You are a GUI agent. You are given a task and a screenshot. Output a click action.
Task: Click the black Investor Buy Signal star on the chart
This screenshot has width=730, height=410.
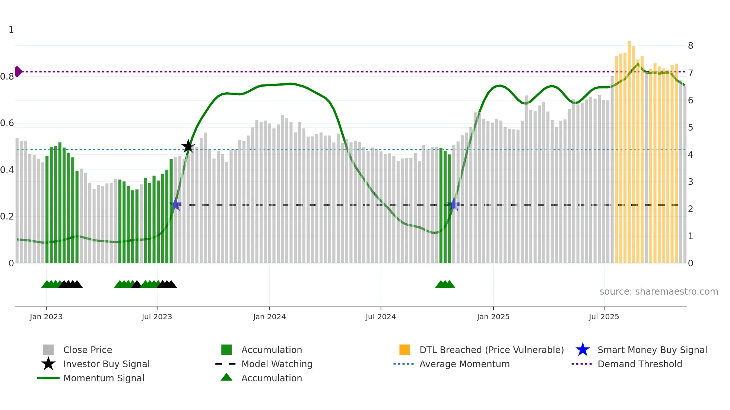(188, 146)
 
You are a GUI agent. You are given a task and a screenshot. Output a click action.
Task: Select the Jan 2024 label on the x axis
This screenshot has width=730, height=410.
(269, 317)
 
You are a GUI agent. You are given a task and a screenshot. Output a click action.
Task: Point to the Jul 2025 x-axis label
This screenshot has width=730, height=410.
(604, 317)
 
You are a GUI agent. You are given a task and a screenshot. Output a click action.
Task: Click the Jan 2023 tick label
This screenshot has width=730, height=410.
(46, 317)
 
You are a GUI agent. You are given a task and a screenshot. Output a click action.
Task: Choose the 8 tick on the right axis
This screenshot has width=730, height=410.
(691, 46)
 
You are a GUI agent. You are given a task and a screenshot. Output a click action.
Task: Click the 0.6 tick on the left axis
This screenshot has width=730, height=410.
(7, 123)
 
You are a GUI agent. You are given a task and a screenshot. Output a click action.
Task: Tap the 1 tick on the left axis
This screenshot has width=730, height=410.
(11, 30)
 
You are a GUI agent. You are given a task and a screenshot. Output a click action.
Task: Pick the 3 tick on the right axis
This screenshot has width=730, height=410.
(691, 182)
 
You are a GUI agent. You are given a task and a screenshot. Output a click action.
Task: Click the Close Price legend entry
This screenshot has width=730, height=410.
(88, 350)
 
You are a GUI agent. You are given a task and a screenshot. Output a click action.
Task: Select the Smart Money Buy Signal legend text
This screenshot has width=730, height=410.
(652, 350)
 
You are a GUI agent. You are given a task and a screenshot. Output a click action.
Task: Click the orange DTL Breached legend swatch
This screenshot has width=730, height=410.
(404, 350)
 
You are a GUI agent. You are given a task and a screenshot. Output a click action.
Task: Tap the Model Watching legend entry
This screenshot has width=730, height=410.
(277, 364)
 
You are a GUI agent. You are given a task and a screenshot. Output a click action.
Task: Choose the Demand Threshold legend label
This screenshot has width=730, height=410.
(639, 364)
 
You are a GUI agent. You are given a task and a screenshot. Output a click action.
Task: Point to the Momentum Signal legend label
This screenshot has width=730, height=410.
(104, 378)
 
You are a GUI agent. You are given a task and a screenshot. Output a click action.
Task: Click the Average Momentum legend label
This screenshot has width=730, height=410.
(464, 364)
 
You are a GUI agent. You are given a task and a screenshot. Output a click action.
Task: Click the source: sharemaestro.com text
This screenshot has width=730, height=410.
(658, 291)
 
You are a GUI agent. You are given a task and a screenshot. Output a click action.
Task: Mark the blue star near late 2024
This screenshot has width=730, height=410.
(454, 204)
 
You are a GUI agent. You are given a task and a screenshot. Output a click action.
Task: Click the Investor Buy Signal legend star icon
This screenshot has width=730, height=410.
(48, 364)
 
